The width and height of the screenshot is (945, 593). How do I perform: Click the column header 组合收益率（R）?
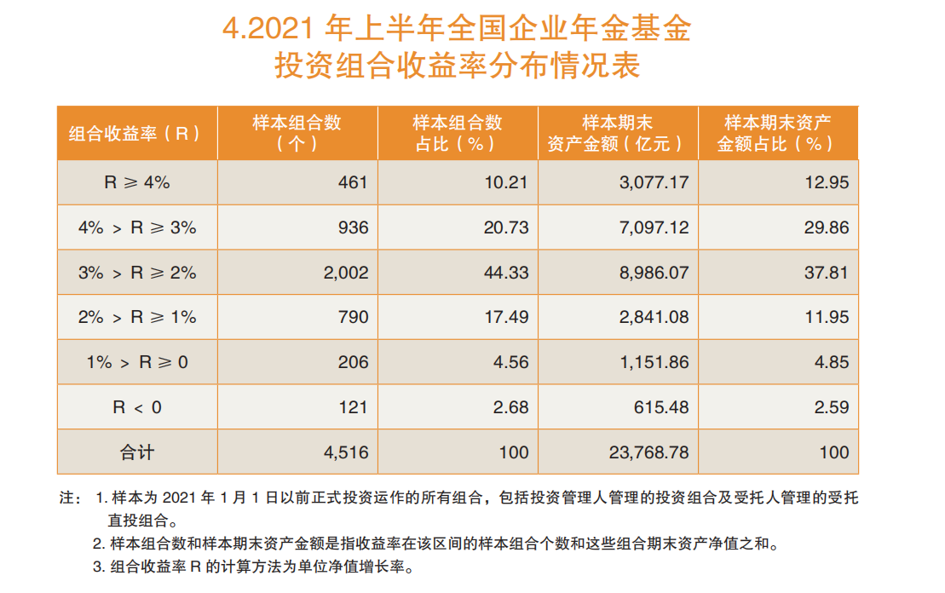click(135, 133)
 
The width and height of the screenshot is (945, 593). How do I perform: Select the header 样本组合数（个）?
click(297, 133)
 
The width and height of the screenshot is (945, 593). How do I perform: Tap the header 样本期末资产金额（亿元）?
click(617, 133)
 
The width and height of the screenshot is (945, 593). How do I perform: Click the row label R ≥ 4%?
click(137, 182)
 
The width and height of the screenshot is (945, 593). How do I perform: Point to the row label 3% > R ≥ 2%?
click(137, 273)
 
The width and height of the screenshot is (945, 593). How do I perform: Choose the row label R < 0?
click(137, 407)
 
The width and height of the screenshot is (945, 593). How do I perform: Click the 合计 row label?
click(137, 452)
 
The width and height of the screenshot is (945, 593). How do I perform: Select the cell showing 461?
click(353, 182)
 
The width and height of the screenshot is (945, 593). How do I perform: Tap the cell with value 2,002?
click(345, 273)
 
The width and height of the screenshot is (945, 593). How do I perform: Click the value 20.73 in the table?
click(505, 227)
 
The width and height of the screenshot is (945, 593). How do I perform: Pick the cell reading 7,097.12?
click(654, 227)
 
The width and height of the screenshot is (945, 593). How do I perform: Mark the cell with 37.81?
click(827, 273)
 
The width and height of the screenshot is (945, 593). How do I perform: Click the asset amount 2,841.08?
click(654, 317)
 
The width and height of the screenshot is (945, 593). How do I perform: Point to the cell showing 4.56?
click(510, 362)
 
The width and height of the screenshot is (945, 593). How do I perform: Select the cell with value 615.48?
click(661, 407)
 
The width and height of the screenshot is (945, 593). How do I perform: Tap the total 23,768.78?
click(648, 452)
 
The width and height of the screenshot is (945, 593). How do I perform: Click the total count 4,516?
click(345, 452)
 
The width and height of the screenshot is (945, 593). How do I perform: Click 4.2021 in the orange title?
click(268, 28)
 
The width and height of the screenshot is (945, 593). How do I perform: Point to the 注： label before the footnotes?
click(70, 498)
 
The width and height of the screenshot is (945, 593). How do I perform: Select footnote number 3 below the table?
click(99, 567)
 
